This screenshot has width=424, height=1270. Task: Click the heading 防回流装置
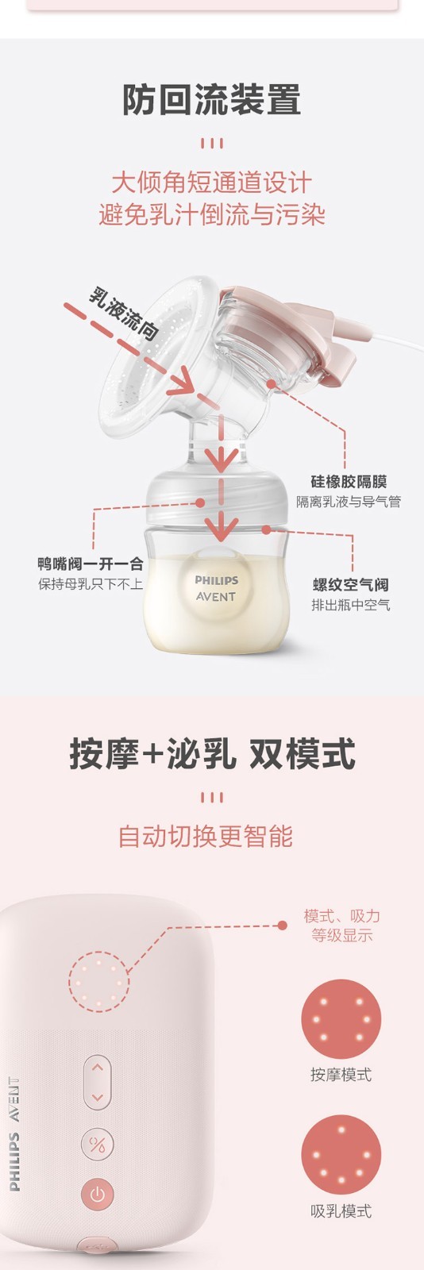(212, 100)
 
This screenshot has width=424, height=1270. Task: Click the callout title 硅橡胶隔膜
(349, 482)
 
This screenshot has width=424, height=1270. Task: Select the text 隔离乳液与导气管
(349, 502)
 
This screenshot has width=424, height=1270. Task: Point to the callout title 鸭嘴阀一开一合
(91, 564)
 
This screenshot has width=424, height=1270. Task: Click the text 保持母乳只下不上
(91, 583)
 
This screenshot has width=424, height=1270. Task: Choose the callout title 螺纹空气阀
(351, 584)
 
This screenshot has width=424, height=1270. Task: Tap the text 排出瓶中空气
(351, 605)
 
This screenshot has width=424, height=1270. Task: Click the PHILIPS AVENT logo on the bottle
(216, 588)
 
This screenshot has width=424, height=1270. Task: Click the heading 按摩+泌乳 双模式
(212, 754)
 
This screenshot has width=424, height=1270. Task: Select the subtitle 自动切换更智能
(205, 837)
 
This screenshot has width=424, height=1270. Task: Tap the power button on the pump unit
(98, 1195)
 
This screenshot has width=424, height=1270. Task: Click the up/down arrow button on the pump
(98, 1082)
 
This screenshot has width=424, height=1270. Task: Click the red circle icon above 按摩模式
(341, 1019)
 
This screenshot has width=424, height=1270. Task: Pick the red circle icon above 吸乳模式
(341, 1155)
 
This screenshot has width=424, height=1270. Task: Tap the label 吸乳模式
(341, 1211)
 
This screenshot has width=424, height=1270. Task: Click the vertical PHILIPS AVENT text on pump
(14, 1134)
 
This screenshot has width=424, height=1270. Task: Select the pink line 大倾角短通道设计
(212, 183)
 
